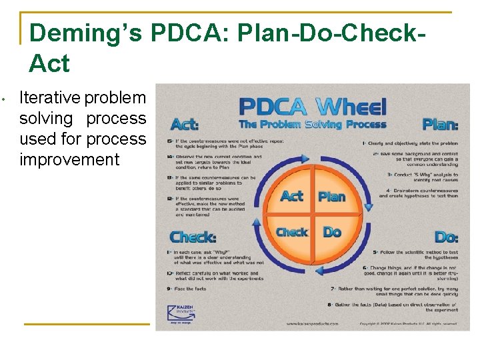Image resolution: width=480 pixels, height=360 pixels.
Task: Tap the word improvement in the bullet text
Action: click(69, 160)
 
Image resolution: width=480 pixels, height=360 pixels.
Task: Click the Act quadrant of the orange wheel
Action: click(292, 196)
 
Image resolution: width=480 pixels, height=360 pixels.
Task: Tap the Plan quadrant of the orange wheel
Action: click(331, 196)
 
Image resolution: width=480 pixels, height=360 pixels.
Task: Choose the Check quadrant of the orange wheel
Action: click(292, 232)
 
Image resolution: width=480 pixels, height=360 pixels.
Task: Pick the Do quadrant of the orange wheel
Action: click(332, 232)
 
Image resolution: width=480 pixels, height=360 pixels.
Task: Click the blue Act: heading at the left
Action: click(185, 125)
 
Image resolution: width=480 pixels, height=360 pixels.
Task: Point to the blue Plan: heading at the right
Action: click(440, 125)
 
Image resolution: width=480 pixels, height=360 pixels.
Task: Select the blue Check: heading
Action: click(193, 237)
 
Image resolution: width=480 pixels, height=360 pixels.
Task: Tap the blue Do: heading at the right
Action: click(446, 237)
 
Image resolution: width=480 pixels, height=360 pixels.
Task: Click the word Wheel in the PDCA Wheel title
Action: click(351, 107)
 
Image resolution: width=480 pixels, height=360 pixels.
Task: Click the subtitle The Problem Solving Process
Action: click(313, 125)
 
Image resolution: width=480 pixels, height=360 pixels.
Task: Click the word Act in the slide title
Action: click(49, 64)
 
